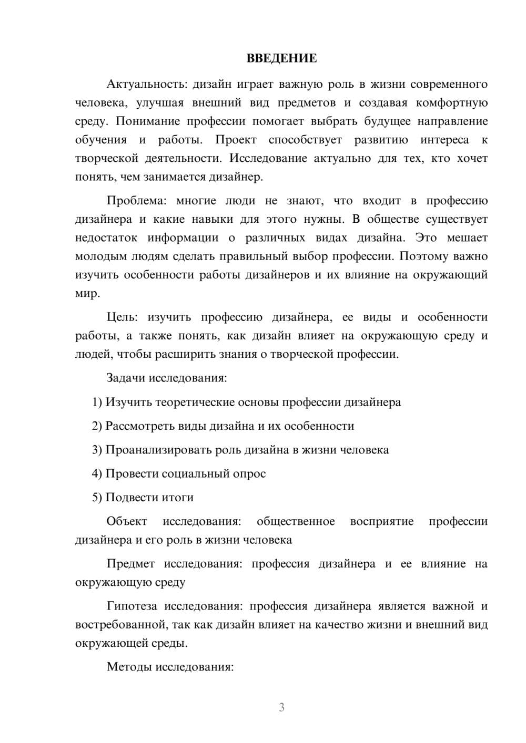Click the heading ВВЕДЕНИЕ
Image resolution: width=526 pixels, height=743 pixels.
click(x=281, y=58)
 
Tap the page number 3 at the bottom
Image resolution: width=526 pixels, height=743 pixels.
click(x=281, y=707)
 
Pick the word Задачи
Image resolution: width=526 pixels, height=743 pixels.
click(x=126, y=378)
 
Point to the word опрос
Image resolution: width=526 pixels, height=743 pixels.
click(x=249, y=473)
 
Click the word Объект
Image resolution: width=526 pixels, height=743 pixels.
click(x=127, y=521)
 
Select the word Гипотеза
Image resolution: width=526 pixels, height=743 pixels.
click(x=131, y=606)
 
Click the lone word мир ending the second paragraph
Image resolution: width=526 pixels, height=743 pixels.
click(x=85, y=293)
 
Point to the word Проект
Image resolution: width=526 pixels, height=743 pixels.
click(x=236, y=140)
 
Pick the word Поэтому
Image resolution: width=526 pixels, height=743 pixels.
click(x=424, y=256)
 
